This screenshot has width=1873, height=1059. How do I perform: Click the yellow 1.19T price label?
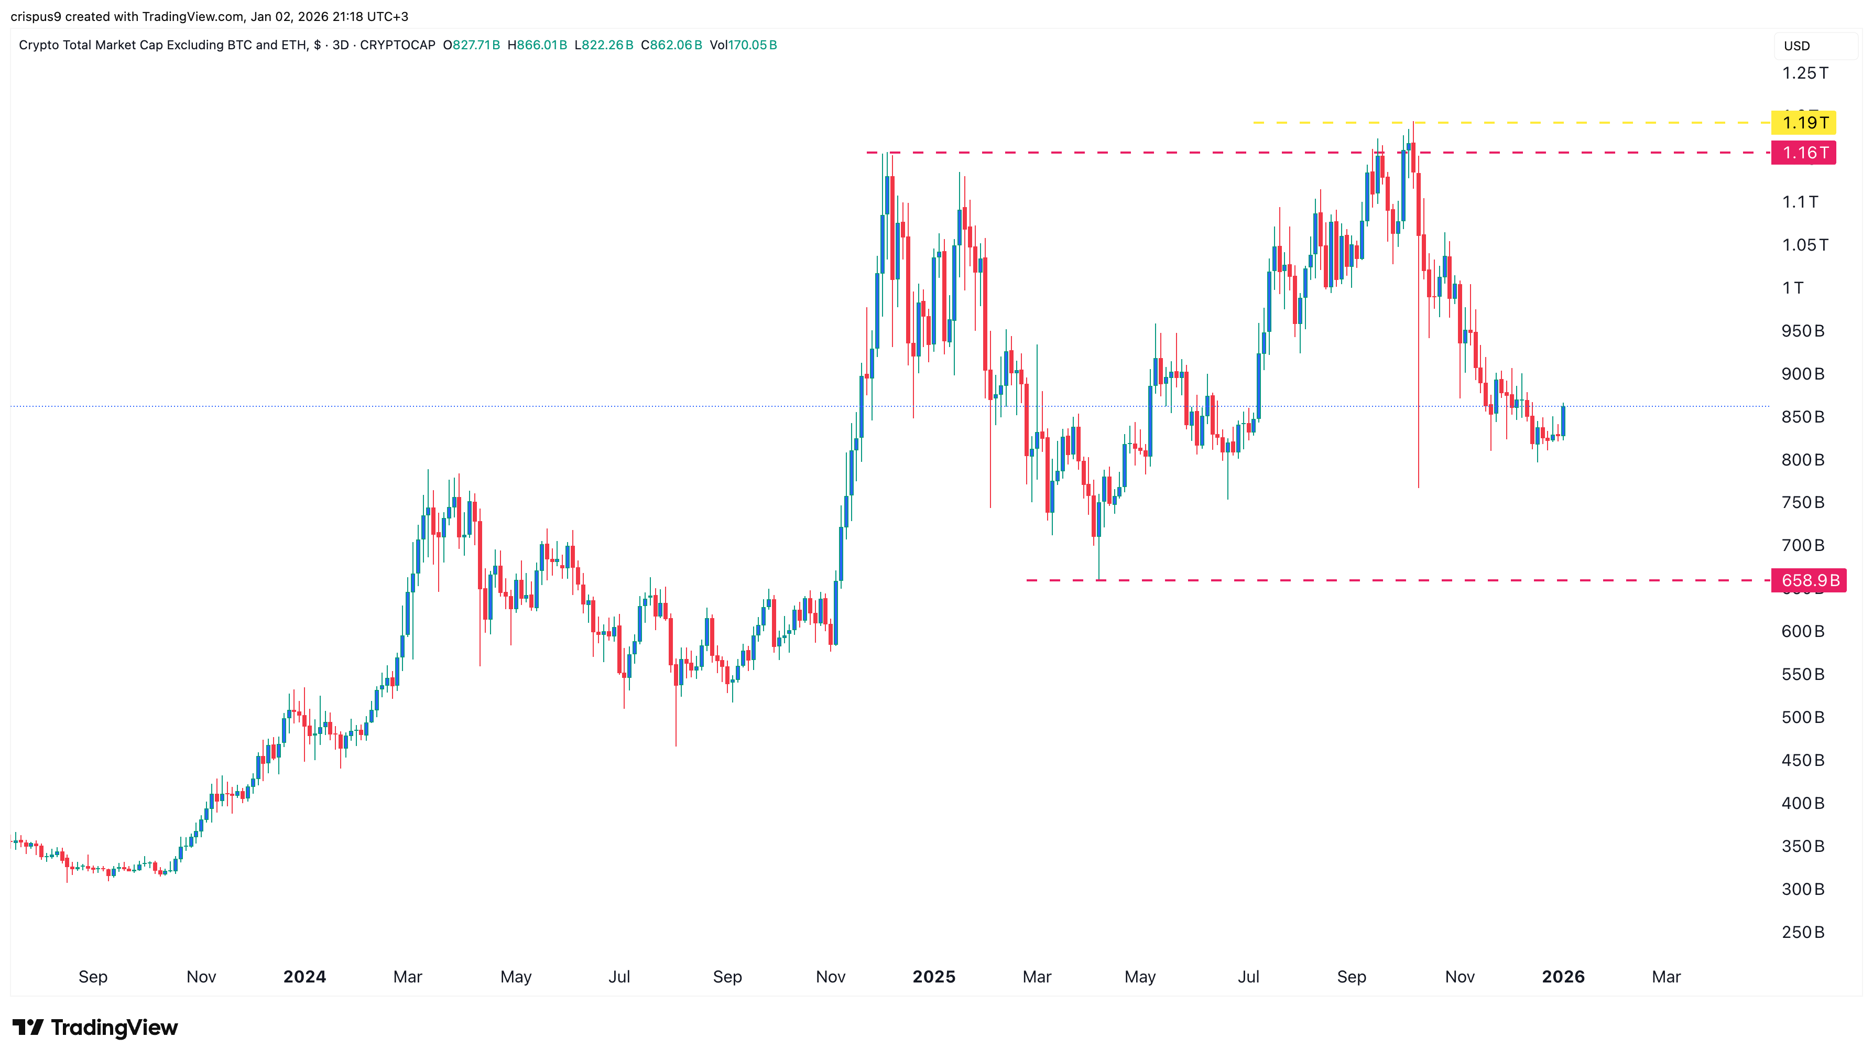click(1804, 122)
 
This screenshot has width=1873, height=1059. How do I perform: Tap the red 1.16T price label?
click(1804, 153)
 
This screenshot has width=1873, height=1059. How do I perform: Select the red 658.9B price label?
click(1809, 580)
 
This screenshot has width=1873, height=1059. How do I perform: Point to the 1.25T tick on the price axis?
click(1805, 73)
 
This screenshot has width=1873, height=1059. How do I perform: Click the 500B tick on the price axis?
click(1802, 717)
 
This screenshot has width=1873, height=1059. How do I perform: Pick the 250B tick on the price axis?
click(1802, 932)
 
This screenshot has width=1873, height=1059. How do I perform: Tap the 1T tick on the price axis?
click(1792, 287)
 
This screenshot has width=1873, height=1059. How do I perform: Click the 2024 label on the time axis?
click(304, 977)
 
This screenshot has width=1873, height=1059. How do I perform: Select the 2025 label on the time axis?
click(933, 977)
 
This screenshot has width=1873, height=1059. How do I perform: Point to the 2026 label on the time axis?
click(1563, 977)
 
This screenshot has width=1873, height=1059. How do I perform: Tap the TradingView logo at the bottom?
click(95, 1027)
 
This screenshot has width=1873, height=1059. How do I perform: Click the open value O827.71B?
click(471, 45)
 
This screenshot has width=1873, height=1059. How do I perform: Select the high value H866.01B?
click(537, 45)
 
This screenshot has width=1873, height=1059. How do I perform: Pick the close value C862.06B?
click(671, 45)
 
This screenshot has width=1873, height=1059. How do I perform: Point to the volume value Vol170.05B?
click(743, 45)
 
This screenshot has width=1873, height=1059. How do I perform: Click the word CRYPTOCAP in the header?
click(398, 45)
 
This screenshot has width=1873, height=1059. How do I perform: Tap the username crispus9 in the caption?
click(36, 17)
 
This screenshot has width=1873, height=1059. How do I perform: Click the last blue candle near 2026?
click(1563, 421)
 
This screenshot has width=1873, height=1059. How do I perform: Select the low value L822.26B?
click(604, 45)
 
